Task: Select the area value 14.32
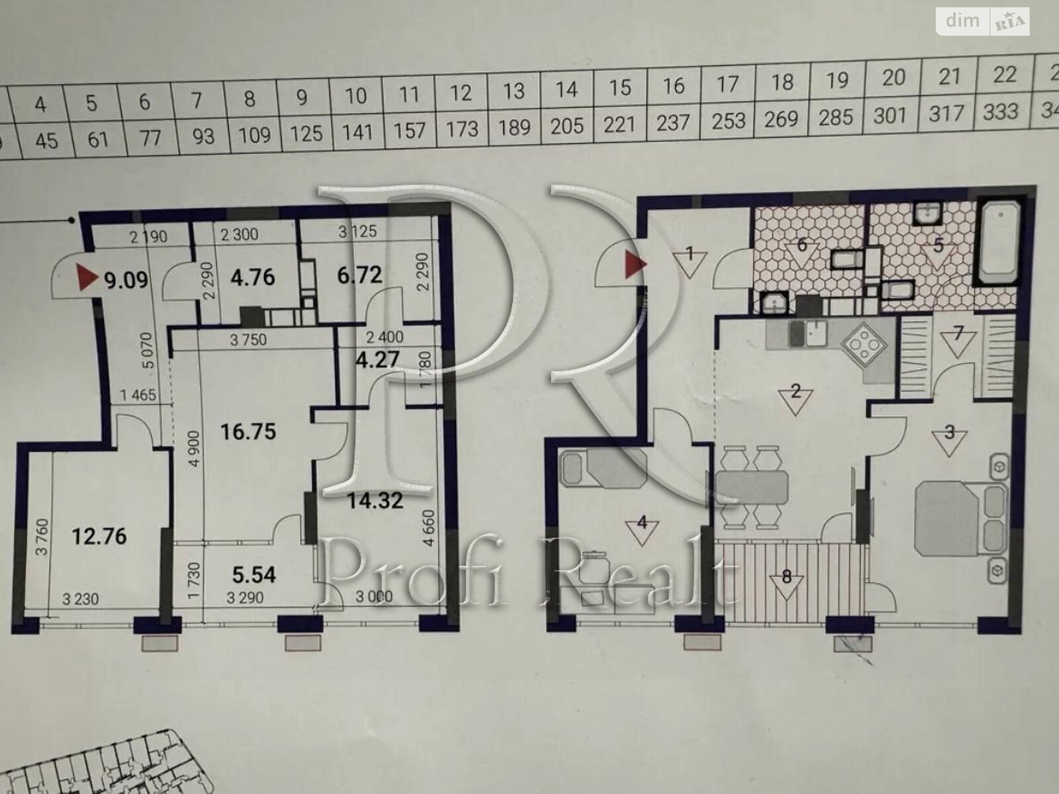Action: pyautogui.click(x=375, y=501)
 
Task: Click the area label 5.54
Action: pyautogui.click(x=255, y=574)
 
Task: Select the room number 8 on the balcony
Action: pyautogui.click(x=786, y=576)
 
